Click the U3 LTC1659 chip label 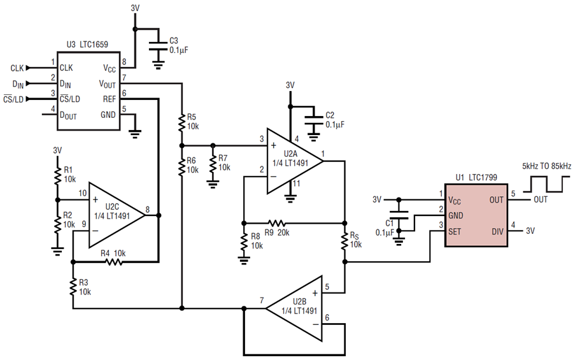(x=87, y=45)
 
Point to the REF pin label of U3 (x=110, y=99)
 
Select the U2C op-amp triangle (x=115, y=215)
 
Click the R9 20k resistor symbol (x=277, y=223)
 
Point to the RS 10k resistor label (x=355, y=240)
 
